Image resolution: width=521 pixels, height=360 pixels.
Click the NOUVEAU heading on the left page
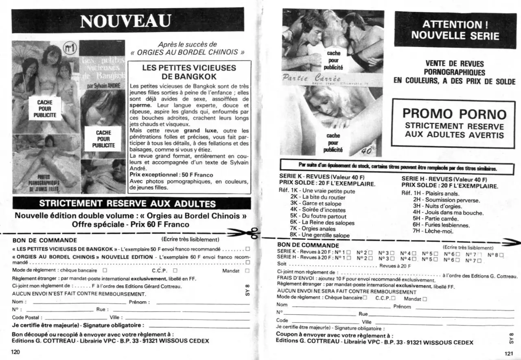coord(126,21)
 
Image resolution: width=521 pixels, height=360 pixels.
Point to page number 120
coord(15,352)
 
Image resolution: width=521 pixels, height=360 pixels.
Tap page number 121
coord(509,353)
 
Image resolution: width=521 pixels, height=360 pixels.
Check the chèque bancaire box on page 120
coord(105,270)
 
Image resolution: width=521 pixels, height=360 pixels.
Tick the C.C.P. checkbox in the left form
coord(175,270)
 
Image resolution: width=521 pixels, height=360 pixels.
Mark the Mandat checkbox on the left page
coord(247,271)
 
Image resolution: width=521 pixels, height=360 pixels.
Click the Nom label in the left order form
coord(18,302)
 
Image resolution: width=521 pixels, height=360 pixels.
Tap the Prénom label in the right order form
coord(402,307)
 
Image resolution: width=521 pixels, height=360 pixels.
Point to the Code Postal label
coord(26,317)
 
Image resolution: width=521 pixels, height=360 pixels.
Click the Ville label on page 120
coord(114,317)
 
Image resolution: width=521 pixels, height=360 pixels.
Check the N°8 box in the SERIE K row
coord(501,255)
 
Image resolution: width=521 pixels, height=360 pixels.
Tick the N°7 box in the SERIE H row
coord(479,261)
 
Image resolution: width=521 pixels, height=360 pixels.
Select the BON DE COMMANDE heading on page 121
coord(308,245)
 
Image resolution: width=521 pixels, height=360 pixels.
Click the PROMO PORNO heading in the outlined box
coord(454,113)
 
